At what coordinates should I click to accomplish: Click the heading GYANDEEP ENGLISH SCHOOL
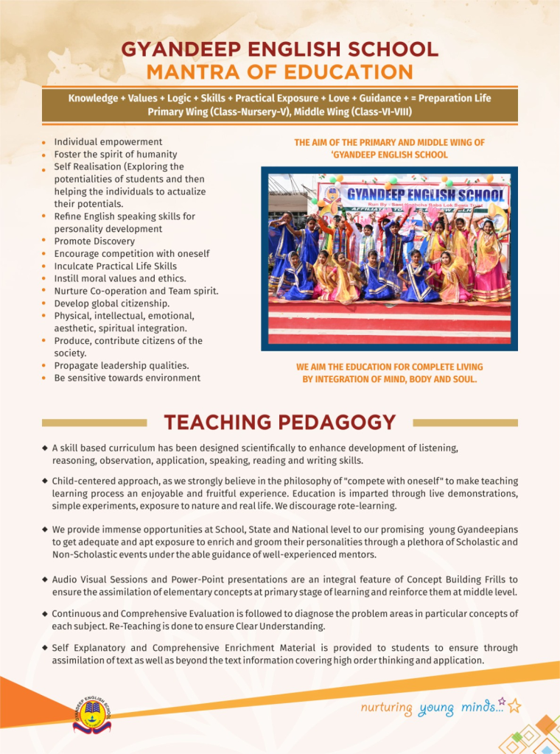[x=279, y=50]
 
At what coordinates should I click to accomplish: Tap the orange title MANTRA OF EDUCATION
[x=279, y=72]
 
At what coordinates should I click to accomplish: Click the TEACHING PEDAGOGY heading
[x=279, y=423]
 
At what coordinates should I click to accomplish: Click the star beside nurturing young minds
[x=514, y=705]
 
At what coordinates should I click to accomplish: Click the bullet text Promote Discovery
[x=94, y=241]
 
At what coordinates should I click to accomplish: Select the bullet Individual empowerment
[x=108, y=141]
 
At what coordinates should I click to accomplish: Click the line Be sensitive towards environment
[x=127, y=378]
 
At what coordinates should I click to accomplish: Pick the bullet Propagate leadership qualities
[x=122, y=365]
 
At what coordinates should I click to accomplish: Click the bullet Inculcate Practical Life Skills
[x=116, y=266]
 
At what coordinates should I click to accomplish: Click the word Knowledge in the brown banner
[x=93, y=98]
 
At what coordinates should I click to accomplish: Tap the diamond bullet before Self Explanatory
[x=46, y=648]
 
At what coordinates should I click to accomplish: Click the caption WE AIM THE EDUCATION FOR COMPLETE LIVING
[x=389, y=367]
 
